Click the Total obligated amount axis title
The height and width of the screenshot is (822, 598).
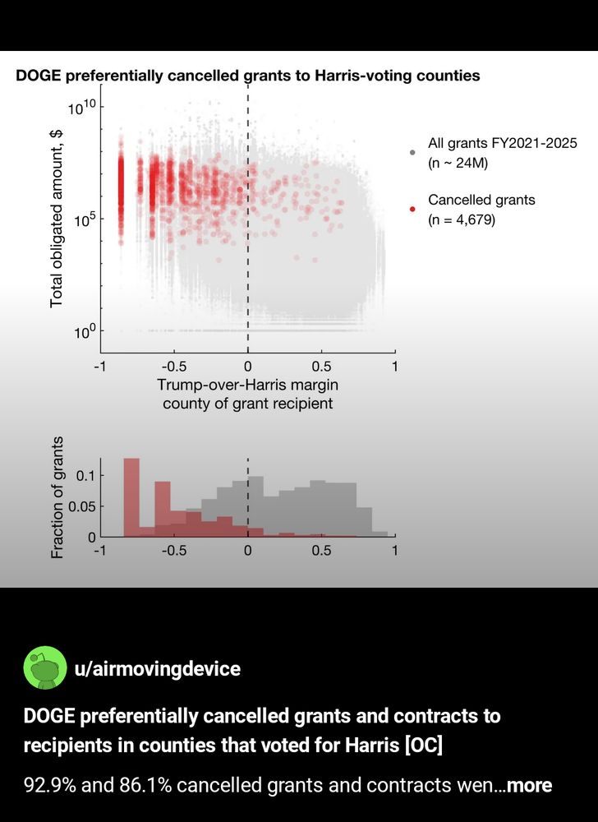point(57,218)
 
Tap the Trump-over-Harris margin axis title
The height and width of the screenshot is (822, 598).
point(247,385)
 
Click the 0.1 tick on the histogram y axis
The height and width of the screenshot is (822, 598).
point(85,476)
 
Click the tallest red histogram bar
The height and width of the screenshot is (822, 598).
point(131,497)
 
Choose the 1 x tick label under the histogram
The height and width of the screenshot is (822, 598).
point(394,551)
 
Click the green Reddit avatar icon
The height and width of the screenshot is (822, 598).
point(45,668)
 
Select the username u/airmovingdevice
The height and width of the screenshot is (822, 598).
point(157,669)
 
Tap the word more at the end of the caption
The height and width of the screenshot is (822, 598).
point(530,785)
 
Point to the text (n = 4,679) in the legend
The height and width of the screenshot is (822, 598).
point(462,219)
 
